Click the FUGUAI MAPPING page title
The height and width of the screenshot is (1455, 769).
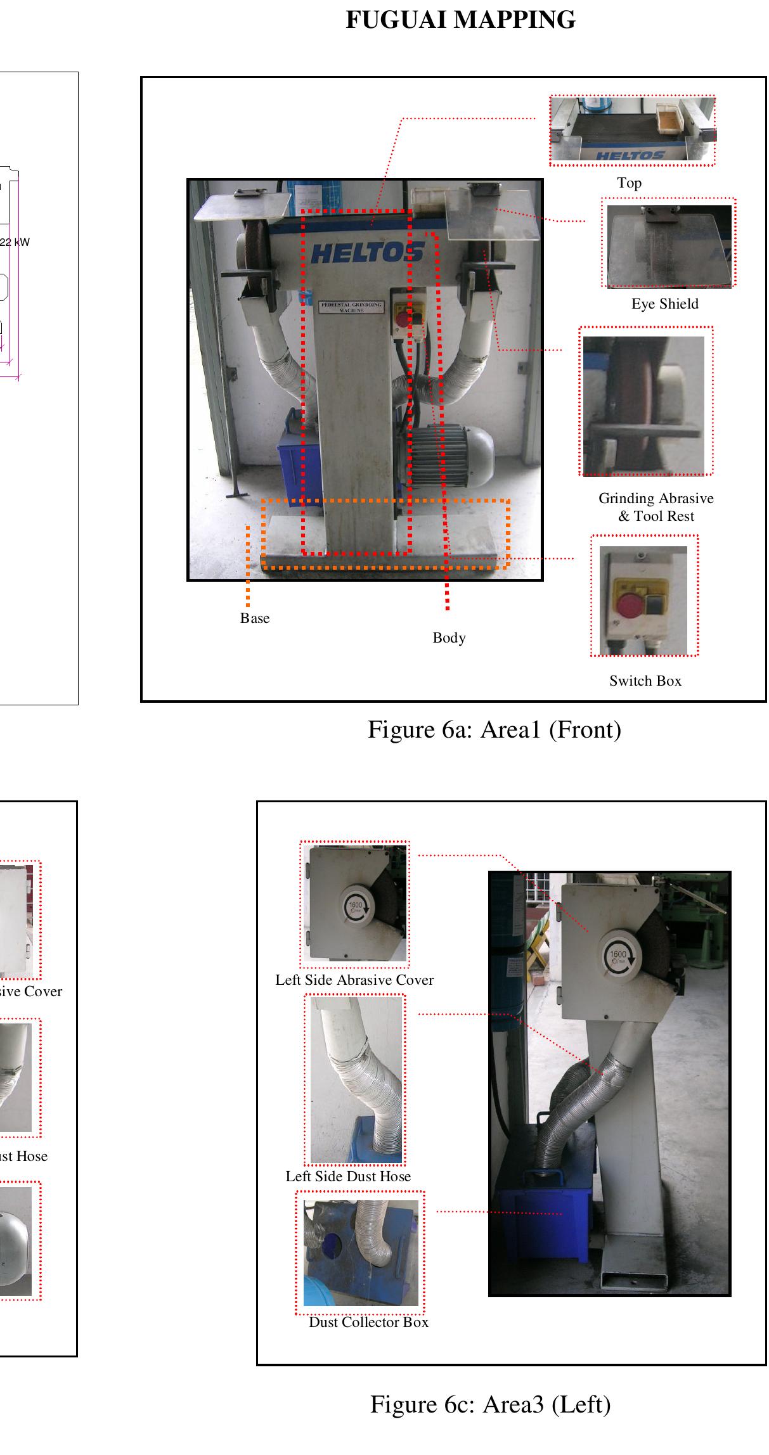pos(460,20)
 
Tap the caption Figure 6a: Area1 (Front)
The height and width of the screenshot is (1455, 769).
pos(494,729)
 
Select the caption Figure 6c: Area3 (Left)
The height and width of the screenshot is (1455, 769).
pos(490,1404)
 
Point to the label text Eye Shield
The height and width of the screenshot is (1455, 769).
pos(664,304)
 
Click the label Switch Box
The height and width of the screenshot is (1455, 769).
pos(645,681)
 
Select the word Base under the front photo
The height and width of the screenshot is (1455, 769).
pos(254,619)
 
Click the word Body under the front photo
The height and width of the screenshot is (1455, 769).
pos(449,638)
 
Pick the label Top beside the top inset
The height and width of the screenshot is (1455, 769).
pos(629,183)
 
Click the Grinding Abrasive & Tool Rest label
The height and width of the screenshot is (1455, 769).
pos(656,507)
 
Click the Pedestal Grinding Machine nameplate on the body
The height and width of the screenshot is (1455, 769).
pos(351,307)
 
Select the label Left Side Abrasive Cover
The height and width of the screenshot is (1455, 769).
pos(354,980)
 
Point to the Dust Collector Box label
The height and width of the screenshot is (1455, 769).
pos(368,1323)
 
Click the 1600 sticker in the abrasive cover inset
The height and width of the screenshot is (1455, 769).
pos(356,907)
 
